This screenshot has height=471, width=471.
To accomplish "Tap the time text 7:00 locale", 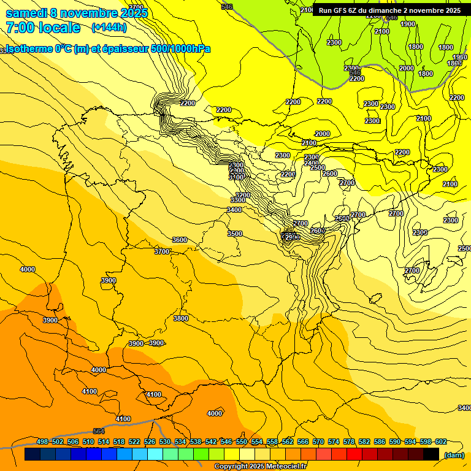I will tap(43, 28).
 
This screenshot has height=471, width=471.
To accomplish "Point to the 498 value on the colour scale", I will tap(42, 442).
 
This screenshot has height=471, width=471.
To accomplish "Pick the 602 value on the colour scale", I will tap(441, 442).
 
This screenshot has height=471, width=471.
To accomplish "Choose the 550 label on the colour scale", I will tap(242, 442).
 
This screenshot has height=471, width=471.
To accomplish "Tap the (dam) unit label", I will tap(454, 455).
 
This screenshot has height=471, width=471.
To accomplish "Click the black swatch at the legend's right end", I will tap(431, 454).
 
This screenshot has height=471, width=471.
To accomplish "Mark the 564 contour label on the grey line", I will tap(99, 431).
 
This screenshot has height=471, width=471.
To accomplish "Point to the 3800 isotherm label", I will tap(180, 318).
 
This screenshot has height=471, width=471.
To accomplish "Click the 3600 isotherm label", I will tap(179, 240).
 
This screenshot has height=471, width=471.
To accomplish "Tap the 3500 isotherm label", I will tap(235, 234).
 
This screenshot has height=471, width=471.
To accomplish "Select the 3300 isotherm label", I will tap(238, 200).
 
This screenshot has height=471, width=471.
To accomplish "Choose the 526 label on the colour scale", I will tap(150, 442).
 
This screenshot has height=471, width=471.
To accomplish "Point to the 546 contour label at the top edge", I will tap(227, 7).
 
